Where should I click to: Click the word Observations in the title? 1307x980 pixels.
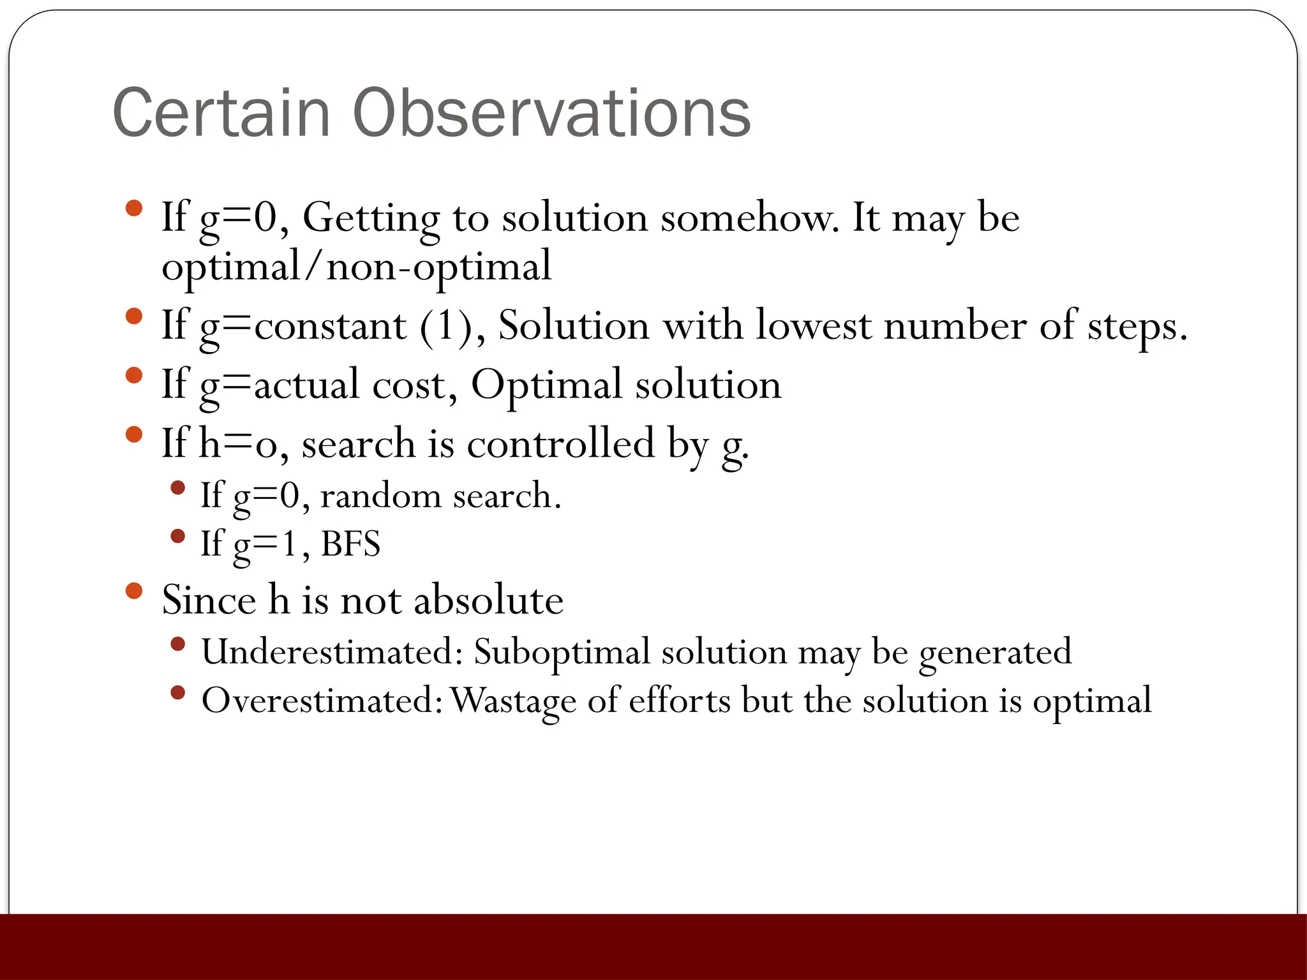click(x=551, y=113)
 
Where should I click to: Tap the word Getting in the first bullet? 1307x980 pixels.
click(x=371, y=218)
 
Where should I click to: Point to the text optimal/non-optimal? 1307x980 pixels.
click(x=356, y=267)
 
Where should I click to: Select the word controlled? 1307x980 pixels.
click(x=561, y=443)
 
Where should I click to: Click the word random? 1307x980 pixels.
click(x=380, y=496)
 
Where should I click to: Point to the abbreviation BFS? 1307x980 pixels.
click(x=350, y=544)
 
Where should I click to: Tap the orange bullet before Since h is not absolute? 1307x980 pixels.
click(x=134, y=591)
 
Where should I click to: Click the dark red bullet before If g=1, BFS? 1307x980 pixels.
click(x=178, y=537)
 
